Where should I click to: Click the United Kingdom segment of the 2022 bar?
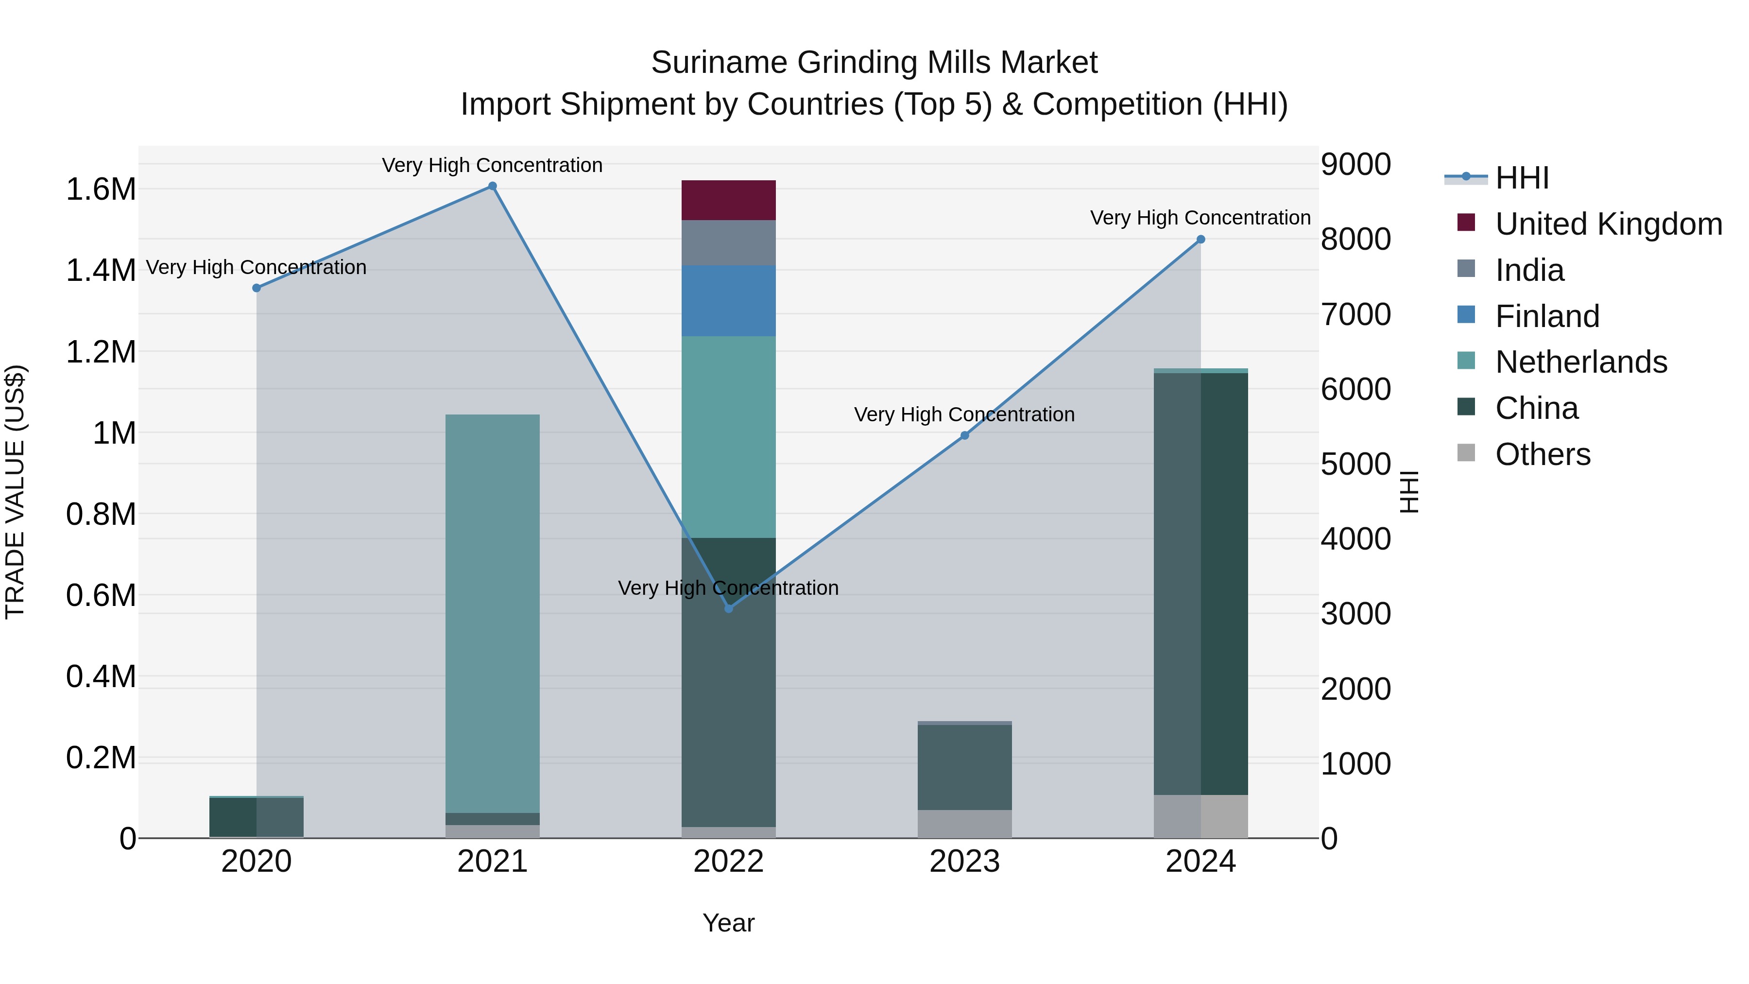pos(729,200)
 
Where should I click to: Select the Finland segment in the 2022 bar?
pos(729,301)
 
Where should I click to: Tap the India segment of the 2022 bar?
pos(729,242)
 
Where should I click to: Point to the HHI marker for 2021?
pos(492,186)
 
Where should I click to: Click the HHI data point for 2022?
pos(729,608)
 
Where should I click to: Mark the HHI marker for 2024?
pos(1200,239)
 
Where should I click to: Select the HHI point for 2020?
pos(257,288)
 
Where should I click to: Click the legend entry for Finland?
pos(1547,316)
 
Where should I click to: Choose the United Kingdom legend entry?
pos(1608,224)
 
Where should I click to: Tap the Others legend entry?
pos(1543,454)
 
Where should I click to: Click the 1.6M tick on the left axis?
pos(101,190)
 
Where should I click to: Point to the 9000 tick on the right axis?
pos(1355,164)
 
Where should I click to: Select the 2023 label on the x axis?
pos(964,862)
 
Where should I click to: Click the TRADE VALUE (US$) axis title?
pos(15,492)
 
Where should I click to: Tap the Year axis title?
pos(729,923)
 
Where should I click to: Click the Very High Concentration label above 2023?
pos(964,414)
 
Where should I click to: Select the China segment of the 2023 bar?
pos(964,767)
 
